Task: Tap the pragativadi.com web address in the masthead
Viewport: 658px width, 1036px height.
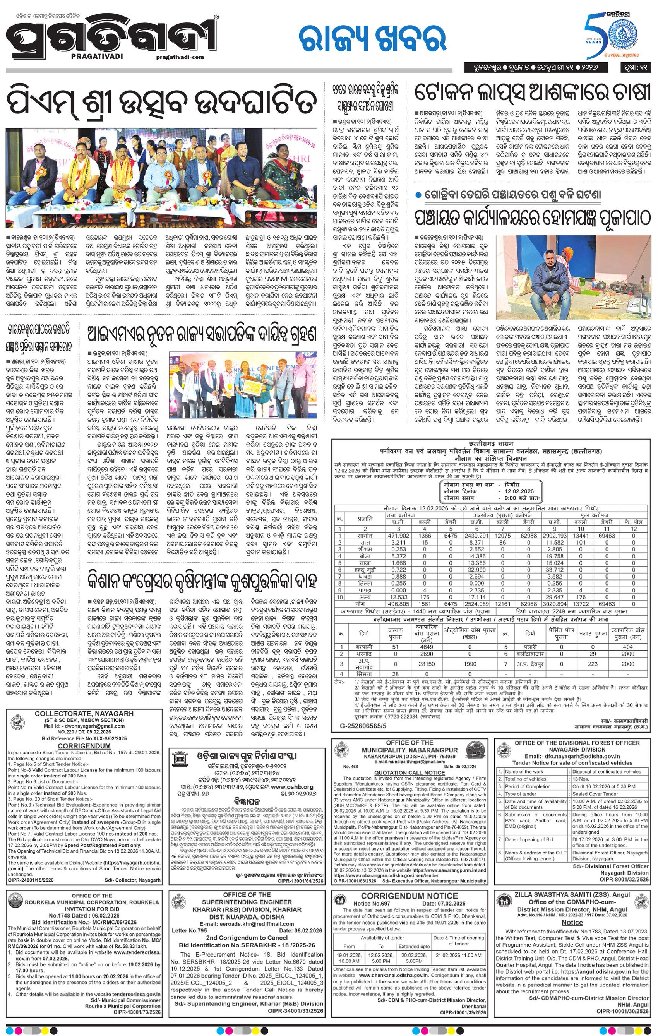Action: coord(180,57)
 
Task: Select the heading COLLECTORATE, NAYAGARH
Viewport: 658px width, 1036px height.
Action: coord(84,713)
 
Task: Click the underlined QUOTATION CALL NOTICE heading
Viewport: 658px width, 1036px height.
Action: coord(409,772)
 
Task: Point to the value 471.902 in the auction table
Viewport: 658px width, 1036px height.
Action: coord(398,535)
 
